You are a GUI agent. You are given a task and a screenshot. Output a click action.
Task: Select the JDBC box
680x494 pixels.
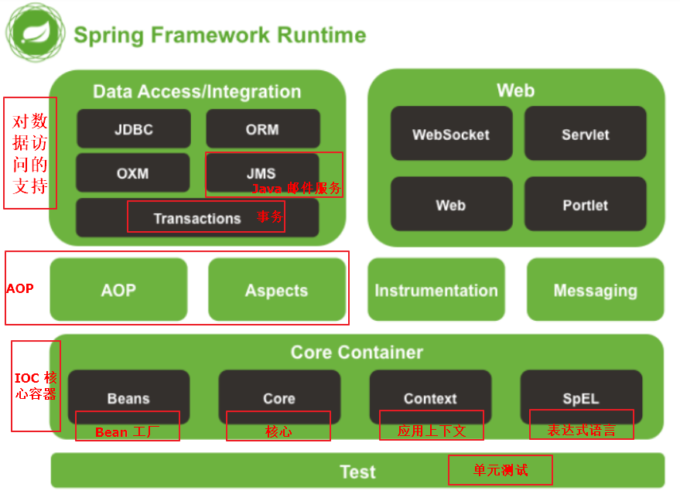(133, 128)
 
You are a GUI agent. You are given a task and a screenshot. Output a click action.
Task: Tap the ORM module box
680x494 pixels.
(262, 128)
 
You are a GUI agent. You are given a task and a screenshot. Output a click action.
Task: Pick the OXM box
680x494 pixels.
(132, 172)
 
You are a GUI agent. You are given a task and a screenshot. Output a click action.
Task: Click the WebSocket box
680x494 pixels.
(451, 134)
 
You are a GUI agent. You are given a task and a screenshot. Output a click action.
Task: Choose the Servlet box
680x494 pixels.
(585, 134)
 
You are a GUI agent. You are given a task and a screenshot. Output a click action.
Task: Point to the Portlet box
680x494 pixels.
(585, 204)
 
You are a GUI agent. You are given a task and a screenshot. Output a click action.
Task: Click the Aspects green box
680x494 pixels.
(276, 290)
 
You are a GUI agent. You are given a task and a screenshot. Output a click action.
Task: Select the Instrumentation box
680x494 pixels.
(436, 290)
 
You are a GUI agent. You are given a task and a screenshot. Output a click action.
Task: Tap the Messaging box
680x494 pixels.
(595, 290)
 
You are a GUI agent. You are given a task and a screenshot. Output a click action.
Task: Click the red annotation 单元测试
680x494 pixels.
(500, 469)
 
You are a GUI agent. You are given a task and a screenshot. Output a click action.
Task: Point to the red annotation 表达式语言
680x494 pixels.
(581, 430)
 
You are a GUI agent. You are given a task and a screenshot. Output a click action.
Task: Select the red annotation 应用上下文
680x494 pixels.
(431, 431)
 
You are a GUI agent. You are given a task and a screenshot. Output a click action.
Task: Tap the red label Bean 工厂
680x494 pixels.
(127, 431)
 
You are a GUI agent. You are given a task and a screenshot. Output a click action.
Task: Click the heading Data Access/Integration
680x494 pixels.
(196, 91)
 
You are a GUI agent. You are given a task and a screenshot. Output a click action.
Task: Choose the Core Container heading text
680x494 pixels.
(357, 353)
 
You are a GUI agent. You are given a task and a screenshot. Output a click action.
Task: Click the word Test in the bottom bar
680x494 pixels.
(357, 472)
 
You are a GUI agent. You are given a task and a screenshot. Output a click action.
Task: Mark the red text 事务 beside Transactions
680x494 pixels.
(270, 216)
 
